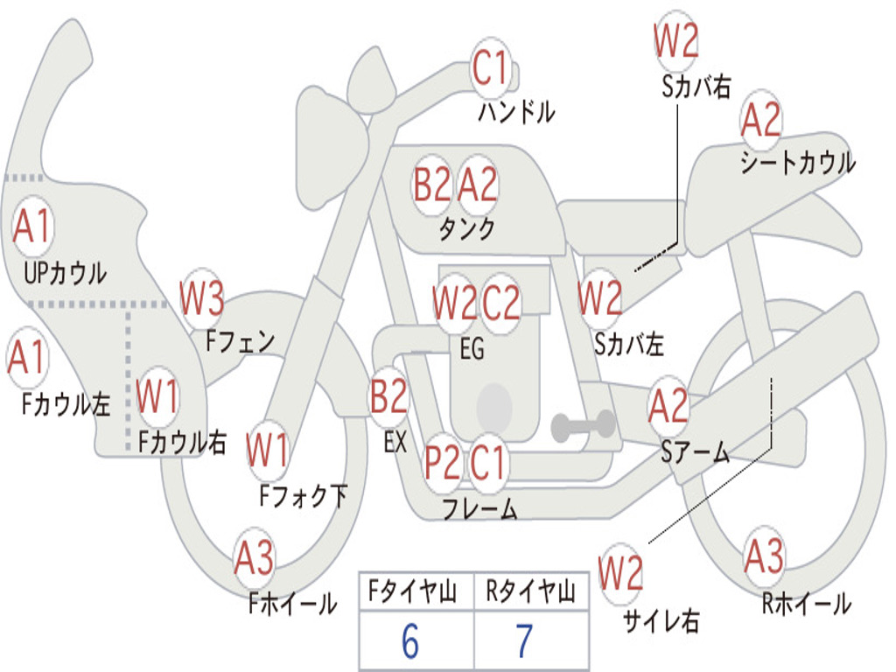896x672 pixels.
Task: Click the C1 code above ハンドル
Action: point(490,68)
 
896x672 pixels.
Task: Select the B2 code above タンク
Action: point(432,185)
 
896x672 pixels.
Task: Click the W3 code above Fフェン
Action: point(202,299)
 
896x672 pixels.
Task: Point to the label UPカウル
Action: point(65,273)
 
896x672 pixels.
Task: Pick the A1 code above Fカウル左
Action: point(27,359)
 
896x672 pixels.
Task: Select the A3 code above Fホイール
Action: point(254,557)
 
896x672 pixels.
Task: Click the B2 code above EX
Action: point(388,397)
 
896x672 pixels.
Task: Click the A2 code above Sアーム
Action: point(668,406)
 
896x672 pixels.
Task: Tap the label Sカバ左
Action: point(629,344)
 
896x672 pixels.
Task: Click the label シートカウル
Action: point(797,163)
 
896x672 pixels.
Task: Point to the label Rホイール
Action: point(806,604)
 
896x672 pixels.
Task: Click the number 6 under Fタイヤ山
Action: point(409,641)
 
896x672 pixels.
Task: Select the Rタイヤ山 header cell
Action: point(530,593)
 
